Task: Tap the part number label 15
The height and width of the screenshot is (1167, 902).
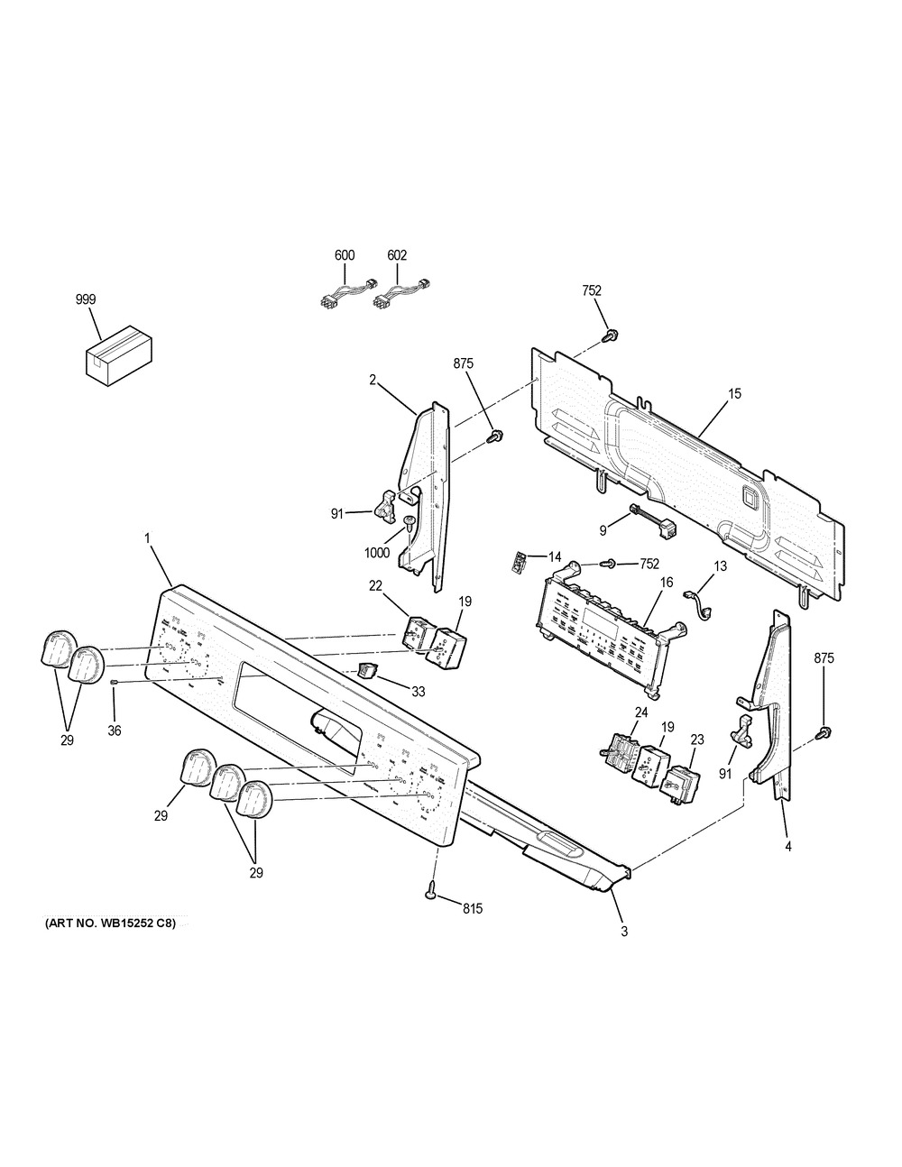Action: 734,394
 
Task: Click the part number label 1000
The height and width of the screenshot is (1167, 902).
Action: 378,553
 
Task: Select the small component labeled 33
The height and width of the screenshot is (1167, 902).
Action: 365,669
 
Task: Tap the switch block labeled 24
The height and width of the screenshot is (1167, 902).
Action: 617,747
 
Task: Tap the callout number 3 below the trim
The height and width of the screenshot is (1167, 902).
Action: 624,931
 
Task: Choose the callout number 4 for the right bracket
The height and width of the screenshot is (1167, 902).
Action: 788,847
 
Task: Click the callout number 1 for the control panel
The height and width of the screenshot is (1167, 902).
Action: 147,538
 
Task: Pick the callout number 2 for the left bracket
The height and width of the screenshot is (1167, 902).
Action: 373,380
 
